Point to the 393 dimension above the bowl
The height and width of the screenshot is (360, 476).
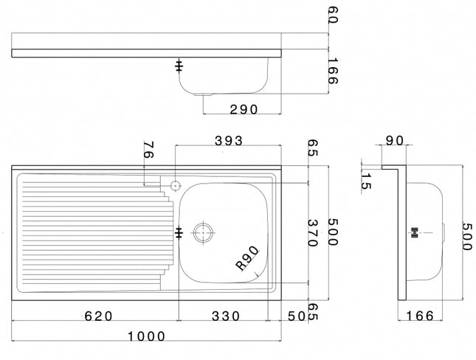tap(228, 141)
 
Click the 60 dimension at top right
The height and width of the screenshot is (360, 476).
tap(332, 16)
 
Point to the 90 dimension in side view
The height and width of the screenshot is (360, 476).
tap(394, 141)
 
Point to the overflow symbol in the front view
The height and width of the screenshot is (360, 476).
tap(178, 66)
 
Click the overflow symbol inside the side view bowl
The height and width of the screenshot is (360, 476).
tap(415, 232)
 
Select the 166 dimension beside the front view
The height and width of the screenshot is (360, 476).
tap(332, 71)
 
